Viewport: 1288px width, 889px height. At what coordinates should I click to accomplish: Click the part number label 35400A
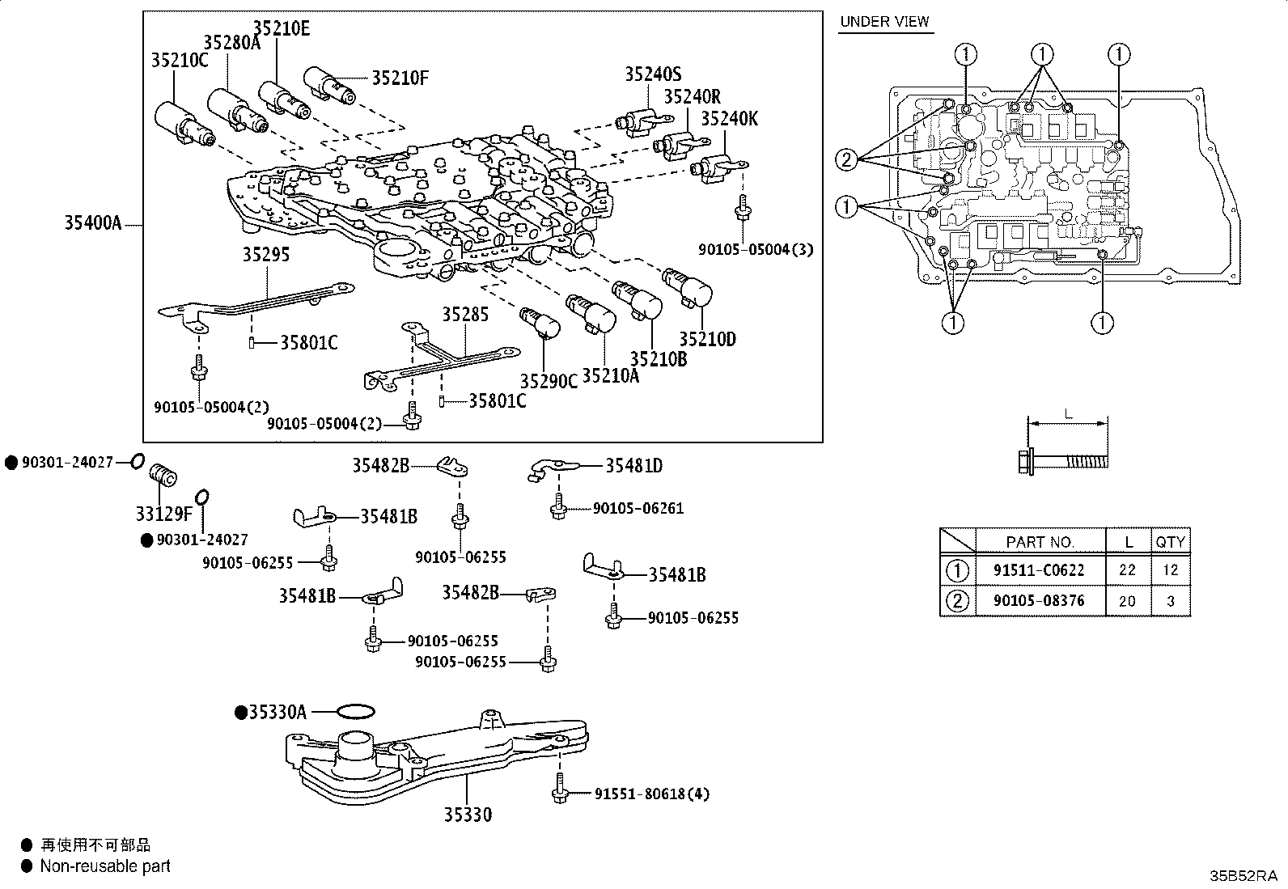coord(92,222)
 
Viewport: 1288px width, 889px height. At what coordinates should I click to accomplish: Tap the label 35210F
coord(400,78)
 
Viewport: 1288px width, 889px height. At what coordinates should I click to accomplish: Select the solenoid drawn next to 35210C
coord(182,124)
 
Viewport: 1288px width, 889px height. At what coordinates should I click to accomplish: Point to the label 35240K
coord(729,119)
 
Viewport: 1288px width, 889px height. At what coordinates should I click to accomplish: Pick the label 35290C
coord(549,381)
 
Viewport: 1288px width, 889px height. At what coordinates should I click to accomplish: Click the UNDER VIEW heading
coord(884,22)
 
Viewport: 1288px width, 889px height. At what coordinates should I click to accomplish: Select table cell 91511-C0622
coord(1039,570)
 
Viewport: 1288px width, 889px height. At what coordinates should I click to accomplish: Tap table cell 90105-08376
coord(1039,601)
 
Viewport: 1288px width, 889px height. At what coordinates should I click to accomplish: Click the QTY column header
coord(1170,541)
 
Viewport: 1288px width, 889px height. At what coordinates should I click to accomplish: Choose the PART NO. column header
coord(1040,541)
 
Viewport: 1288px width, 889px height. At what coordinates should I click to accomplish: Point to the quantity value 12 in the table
coord(1170,570)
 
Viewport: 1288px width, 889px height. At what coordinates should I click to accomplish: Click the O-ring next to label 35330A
coord(354,712)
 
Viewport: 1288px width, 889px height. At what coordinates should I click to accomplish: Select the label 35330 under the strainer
coord(467,815)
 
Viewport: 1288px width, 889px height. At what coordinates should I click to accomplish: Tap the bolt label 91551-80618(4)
coord(651,794)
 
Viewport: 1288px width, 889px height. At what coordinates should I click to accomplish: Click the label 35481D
coord(633,465)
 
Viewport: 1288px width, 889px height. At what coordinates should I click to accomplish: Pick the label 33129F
coord(164,513)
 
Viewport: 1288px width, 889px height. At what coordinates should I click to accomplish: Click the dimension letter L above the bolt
coord(1068,414)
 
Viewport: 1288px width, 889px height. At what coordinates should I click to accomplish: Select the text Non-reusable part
coord(105,866)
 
